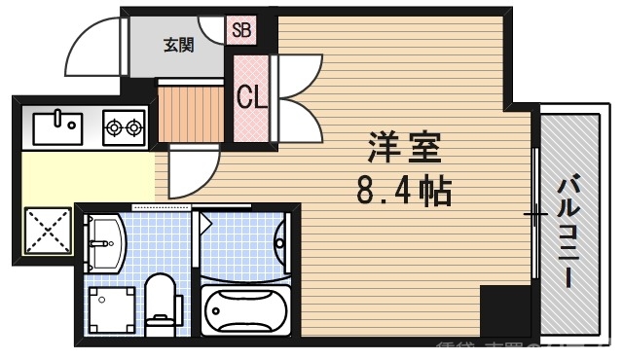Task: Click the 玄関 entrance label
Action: click(x=178, y=44)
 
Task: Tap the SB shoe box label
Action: click(x=241, y=29)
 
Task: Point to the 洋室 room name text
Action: click(x=404, y=148)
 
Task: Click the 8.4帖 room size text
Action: click(x=403, y=190)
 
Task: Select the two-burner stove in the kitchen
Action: click(x=124, y=126)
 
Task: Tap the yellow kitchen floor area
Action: click(x=88, y=175)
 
